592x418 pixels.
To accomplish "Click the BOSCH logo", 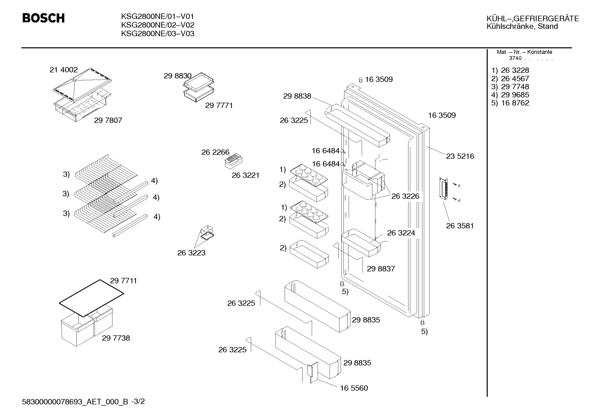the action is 44,18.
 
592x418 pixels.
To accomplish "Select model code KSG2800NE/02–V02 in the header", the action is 158,25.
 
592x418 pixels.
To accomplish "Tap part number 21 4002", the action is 64,70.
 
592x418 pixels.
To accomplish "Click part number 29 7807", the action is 108,121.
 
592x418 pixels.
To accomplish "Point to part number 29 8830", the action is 178,76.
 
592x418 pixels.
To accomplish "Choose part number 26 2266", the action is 216,152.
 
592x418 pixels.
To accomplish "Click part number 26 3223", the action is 191,253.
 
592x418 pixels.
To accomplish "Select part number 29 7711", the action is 124,281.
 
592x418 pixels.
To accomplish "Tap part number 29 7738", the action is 116,338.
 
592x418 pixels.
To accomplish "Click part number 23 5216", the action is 460,156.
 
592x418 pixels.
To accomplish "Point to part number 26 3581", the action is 460,226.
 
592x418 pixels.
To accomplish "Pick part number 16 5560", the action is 354,388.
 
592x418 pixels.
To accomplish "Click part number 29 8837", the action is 381,269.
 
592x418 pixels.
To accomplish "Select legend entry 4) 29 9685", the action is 510,95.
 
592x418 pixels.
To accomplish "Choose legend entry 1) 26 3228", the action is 510,70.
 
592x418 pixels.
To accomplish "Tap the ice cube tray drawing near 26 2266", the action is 233,161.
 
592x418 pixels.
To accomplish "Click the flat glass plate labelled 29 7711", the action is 92,298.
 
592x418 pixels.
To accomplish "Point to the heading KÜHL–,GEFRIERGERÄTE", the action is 533,18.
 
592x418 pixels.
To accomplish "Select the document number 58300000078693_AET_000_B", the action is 75,402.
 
